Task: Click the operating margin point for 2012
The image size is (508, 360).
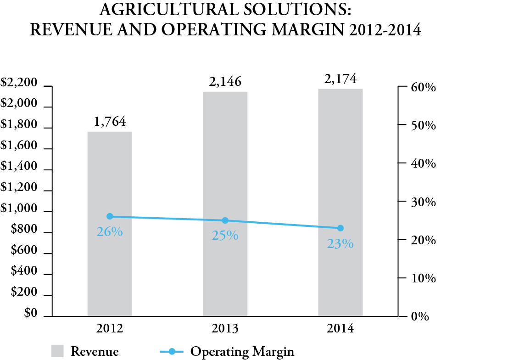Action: pyautogui.click(x=110, y=216)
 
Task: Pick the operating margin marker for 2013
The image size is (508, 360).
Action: pyautogui.click(x=225, y=221)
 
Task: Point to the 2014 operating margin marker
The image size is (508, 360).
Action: pyautogui.click(x=341, y=228)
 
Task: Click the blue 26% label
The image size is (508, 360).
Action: pyautogui.click(x=110, y=232)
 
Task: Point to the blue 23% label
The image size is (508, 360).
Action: pyautogui.click(x=341, y=244)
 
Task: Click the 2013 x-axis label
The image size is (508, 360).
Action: pyautogui.click(x=225, y=329)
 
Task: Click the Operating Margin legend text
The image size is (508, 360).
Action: pyautogui.click(x=242, y=352)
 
